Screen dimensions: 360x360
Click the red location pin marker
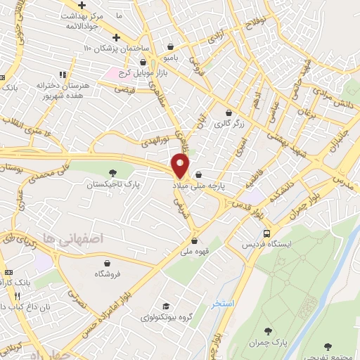[181, 166]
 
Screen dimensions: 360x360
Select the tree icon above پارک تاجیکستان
[113, 173]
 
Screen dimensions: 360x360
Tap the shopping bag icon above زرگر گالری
[229, 112]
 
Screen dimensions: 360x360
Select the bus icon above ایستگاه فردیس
[266, 233]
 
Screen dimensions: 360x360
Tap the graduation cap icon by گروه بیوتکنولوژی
[165, 307]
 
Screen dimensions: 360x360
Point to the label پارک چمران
[267, 342]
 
